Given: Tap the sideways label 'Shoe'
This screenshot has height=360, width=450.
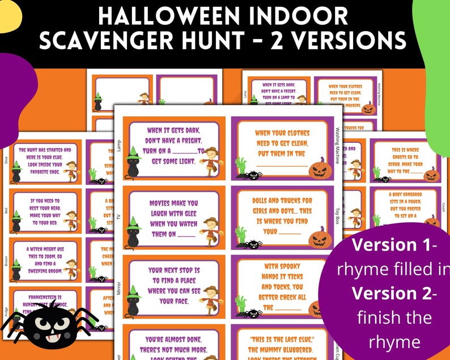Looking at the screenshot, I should click(6, 161).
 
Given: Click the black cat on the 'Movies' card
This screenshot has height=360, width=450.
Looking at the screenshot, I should click(133, 232).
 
